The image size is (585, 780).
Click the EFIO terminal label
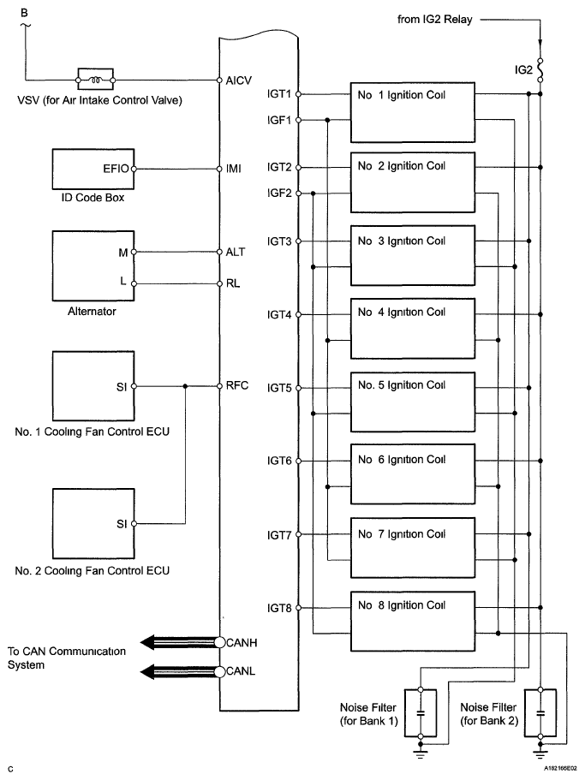click(115, 169)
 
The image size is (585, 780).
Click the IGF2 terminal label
click(280, 194)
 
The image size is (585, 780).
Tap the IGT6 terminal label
click(280, 461)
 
